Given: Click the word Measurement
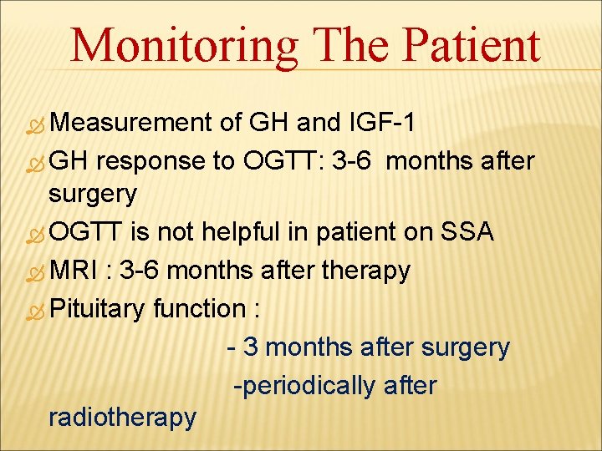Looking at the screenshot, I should (133, 123).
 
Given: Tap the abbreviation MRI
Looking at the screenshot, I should (76, 271).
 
